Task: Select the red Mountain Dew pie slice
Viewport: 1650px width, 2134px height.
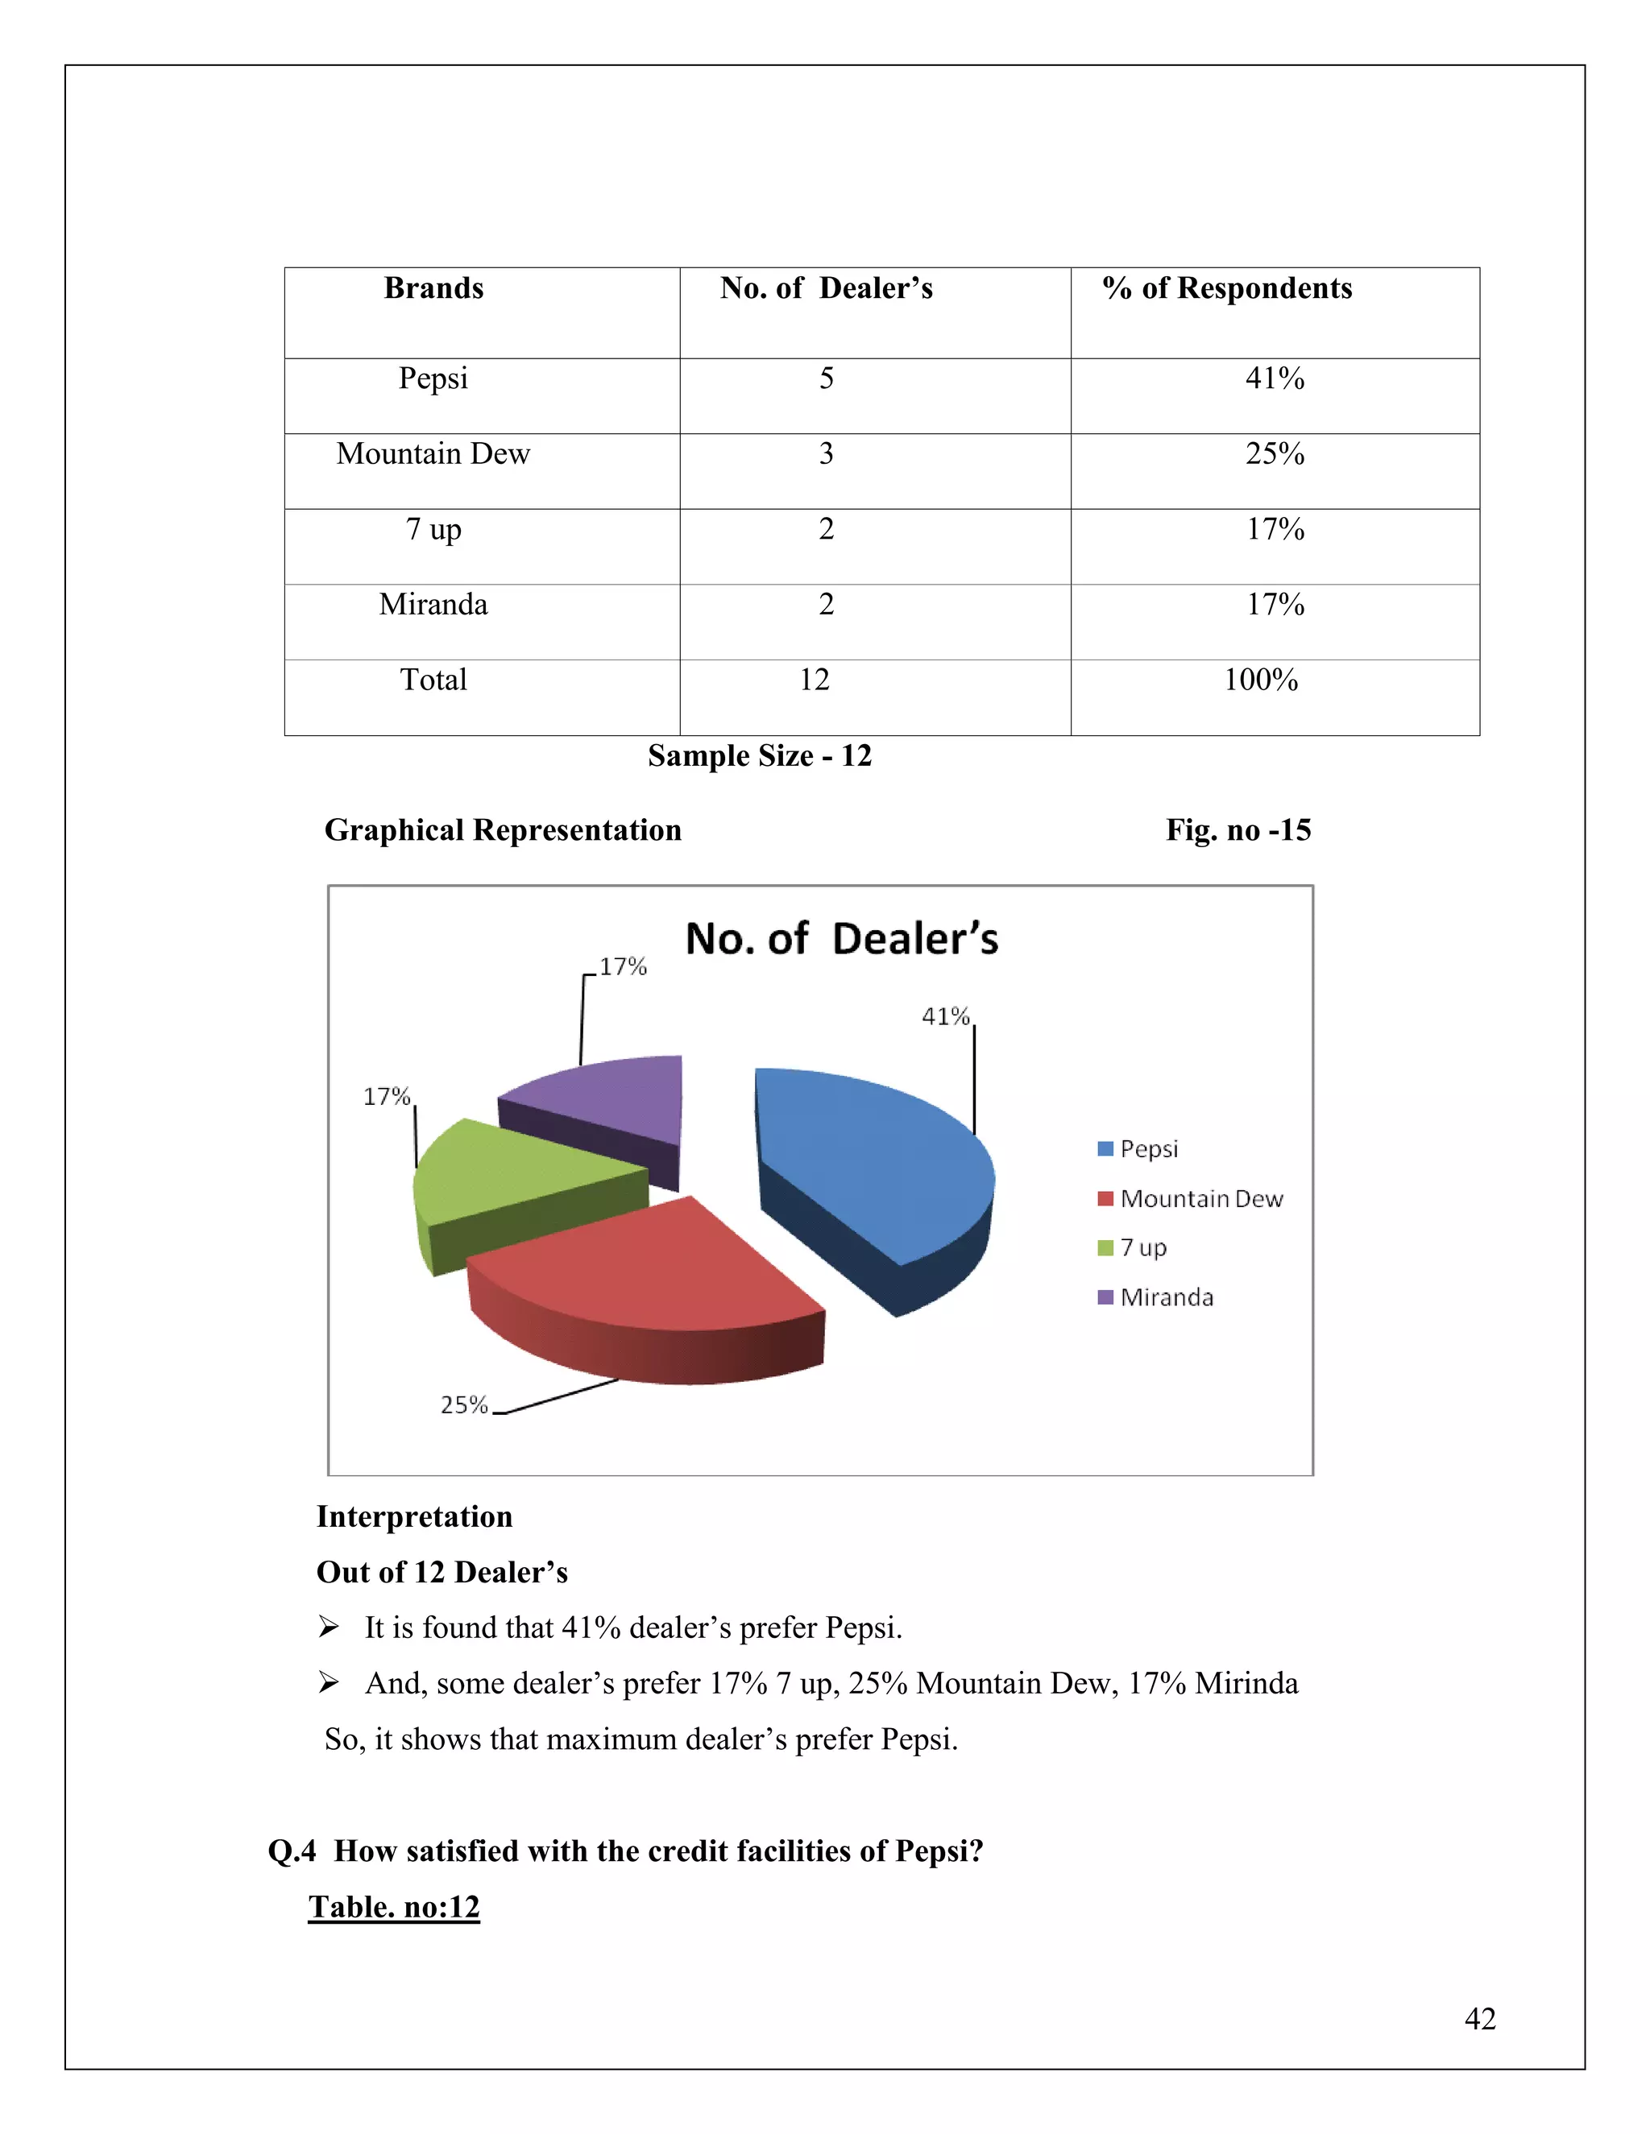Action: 645,1270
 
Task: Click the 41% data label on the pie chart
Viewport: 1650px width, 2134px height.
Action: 945,1016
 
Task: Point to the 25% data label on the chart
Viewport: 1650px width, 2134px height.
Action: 463,1404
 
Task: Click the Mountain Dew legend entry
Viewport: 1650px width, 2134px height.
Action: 1200,1199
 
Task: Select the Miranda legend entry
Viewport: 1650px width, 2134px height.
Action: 1166,1297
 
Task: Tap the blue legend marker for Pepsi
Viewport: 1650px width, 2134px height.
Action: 1105,1149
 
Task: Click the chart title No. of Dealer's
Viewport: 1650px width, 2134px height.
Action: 842,939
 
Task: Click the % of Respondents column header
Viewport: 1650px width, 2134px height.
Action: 1227,288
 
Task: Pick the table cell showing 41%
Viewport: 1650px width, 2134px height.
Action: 1275,379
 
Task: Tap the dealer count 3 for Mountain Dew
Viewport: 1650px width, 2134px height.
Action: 826,454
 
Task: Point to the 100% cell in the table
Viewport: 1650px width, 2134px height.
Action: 1261,680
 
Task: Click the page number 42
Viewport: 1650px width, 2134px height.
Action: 1480,2019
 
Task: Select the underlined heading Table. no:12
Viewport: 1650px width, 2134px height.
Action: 394,1907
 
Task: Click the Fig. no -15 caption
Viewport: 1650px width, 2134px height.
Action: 1238,830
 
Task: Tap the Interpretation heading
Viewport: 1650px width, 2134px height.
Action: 414,1516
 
